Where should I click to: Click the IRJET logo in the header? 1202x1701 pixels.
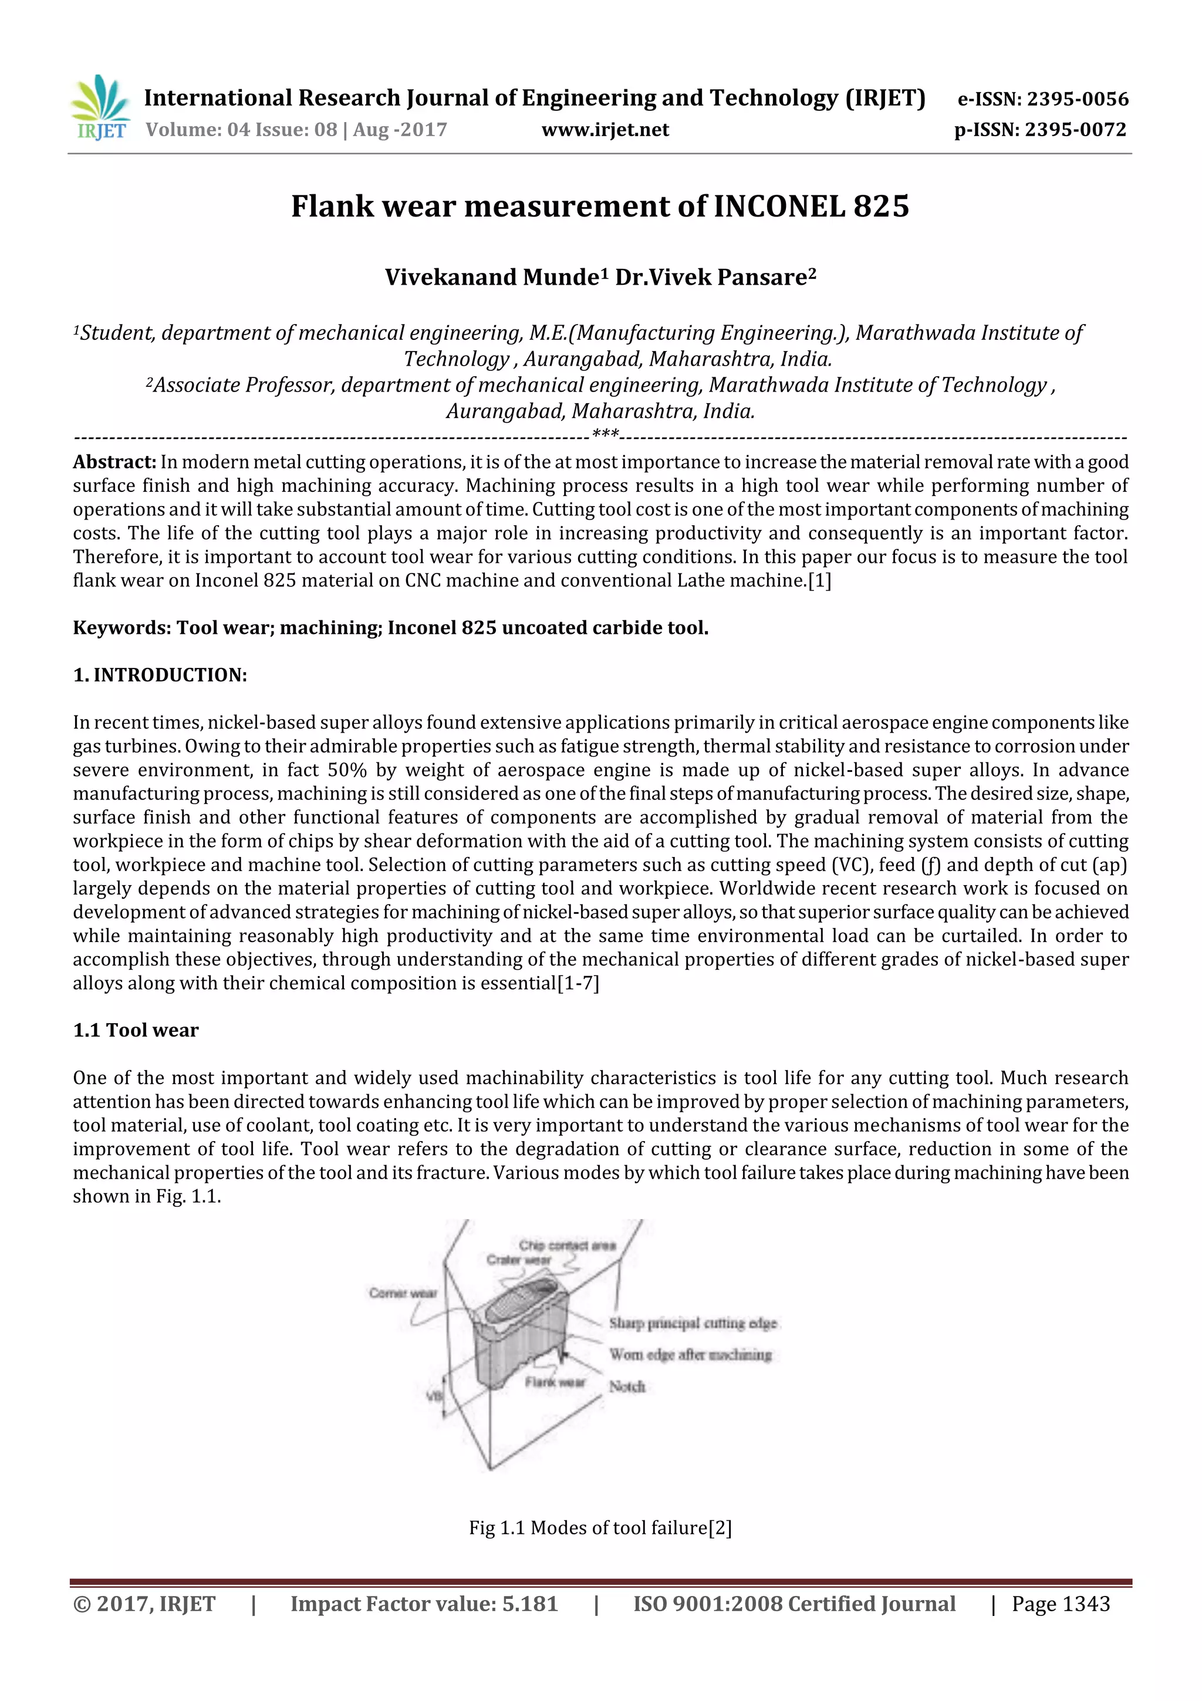pos(100,108)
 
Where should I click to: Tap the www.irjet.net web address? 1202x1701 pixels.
pos(605,130)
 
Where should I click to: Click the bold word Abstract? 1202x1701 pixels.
pos(114,463)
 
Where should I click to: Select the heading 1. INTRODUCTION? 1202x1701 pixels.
pos(160,675)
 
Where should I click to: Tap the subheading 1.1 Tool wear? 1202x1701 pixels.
pos(136,1031)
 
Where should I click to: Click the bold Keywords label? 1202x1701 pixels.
pos(121,627)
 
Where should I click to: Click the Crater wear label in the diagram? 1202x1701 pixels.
pos(518,1260)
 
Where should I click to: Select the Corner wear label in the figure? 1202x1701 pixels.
pos(403,1293)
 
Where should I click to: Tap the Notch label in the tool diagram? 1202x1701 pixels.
pos(627,1386)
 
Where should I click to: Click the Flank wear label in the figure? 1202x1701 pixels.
pos(555,1382)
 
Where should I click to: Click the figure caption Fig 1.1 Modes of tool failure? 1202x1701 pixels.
pos(600,1528)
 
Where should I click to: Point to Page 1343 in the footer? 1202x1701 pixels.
pos(1061,1604)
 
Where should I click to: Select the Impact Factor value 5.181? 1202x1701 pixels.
pos(529,1604)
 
